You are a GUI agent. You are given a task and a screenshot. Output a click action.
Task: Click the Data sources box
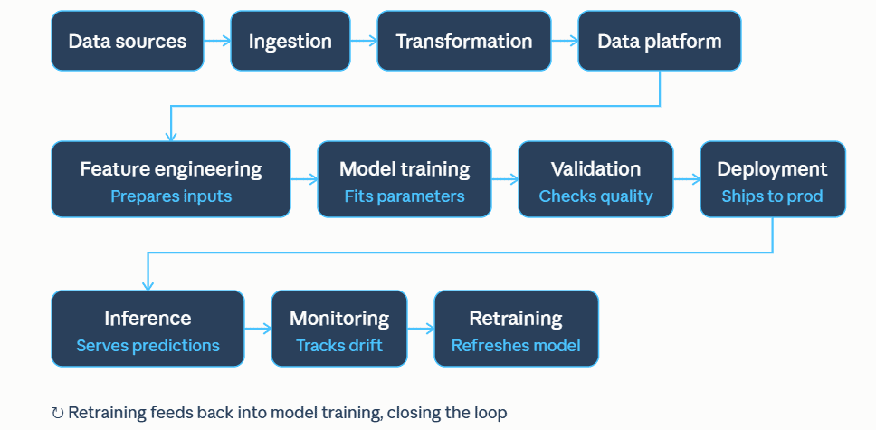(128, 41)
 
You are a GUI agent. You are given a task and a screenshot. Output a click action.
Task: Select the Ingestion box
(290, 41)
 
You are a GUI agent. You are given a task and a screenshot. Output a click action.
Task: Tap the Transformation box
(463, 41)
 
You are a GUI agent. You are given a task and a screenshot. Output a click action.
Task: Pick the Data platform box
(659, 41)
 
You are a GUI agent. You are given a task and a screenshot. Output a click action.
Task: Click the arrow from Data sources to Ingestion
(217, 40)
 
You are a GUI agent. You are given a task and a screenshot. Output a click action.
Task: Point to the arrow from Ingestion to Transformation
(364, 40)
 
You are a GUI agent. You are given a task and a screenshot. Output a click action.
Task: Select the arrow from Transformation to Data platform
(565, 40)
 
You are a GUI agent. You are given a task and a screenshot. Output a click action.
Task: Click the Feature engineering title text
(171, 169)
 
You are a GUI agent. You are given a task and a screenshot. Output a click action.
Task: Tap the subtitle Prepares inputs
(171, 196)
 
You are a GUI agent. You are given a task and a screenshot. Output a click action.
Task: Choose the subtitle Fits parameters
(405, 196)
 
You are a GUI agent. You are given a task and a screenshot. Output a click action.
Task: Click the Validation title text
(595, 169)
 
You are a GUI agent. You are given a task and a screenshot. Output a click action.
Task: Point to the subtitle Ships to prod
(772, 196)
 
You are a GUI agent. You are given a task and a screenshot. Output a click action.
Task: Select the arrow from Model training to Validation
(505, 179)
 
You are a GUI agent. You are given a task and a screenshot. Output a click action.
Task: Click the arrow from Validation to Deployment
(687, 179)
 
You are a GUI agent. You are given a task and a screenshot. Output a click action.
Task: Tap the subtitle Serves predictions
(148, 346)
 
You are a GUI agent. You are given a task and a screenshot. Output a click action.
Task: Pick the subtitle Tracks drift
(339, 346)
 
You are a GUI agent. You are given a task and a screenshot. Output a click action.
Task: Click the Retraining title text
(516, 318)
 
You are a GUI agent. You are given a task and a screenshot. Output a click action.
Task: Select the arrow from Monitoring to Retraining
(421, 329)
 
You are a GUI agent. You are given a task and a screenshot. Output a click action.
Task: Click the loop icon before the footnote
(58, 413)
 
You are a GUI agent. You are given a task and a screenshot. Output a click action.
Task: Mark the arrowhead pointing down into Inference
(148, 286)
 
